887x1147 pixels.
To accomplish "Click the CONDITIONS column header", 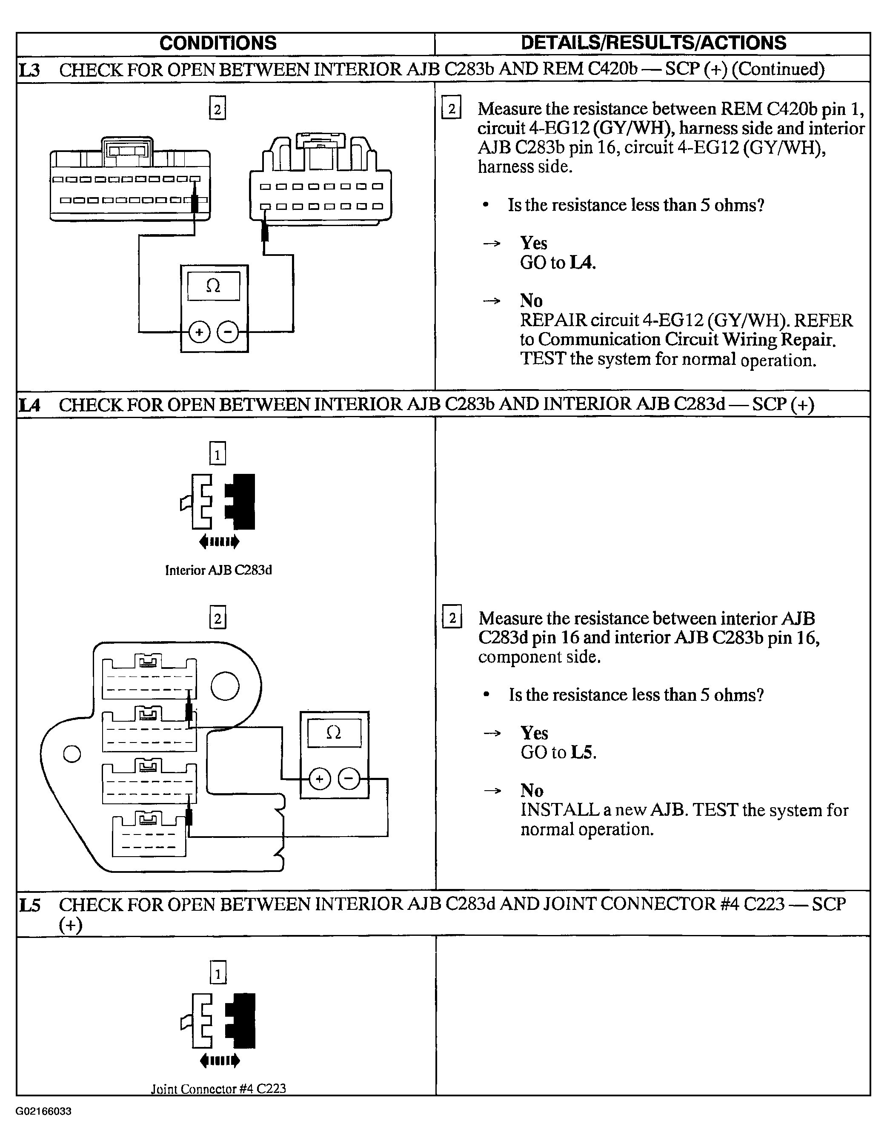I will pos(218,43).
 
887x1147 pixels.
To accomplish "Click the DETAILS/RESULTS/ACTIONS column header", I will pos(653,43).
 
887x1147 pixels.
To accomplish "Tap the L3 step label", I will pos(29,70).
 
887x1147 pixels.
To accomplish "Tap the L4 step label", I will pos(29,405).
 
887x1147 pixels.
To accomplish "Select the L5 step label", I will pos(29,904).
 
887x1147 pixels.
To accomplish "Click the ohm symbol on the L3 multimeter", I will pos(213,286).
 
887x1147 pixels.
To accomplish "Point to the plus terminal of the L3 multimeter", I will pos(199,332).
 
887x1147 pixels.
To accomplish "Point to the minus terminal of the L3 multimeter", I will pos(227,332).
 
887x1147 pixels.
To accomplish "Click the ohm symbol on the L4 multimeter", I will pos(334,733).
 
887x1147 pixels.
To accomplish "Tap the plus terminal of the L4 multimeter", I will pos(319,779).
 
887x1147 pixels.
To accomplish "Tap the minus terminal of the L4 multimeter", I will pos(349,779).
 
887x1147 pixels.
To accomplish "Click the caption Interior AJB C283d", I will pos(218,571).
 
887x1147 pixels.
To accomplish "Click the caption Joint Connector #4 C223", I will pos(218,1089).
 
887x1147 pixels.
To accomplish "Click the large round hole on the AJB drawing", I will pos(225,686).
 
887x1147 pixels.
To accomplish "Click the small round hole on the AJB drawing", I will pos(72,754).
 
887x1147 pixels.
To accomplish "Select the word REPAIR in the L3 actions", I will pos(553,320).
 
